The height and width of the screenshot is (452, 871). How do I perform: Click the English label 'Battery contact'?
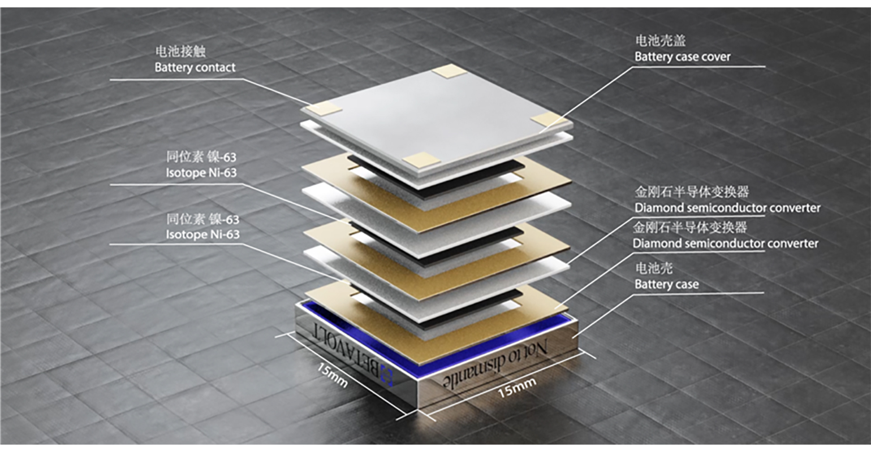(195, 68)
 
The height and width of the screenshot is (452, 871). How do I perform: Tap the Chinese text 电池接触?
(180, 51)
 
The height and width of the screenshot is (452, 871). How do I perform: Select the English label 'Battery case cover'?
(682, 57)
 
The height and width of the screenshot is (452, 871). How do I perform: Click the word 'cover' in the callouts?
(715, 57)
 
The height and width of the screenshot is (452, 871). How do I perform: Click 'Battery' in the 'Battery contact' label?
(173, 68)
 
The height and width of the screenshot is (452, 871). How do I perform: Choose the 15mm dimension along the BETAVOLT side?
(332, 375)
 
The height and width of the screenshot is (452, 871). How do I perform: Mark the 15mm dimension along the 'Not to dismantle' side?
(516, 388)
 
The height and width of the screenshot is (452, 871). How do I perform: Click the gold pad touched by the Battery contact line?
(325, 108)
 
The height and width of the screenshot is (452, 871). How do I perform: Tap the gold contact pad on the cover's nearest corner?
(420, 160)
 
